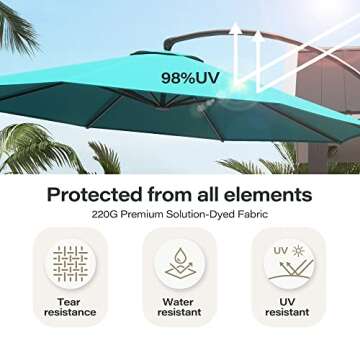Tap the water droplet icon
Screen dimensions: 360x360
180,259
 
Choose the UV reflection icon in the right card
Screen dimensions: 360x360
293,265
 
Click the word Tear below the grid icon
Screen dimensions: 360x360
70,300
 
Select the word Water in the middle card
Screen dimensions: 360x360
181,300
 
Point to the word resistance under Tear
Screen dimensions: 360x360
70,313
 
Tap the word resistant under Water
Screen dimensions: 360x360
181,313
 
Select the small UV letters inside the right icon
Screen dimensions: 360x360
281,251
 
